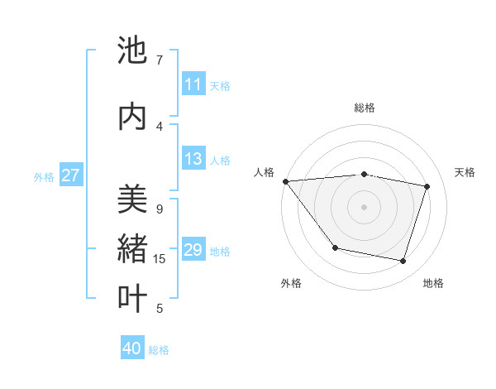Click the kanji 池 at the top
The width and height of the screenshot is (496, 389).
pyautogui.click(x=133, y=51)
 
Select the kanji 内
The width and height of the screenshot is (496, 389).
pyautogui.click(x=133, y=116)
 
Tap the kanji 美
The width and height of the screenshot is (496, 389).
pyautogui.click(x=133, y=199)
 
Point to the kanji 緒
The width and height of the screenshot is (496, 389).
pyautogui.click(x=133, y=248)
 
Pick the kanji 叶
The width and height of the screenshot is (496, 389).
pyautogui.click(x=133, y=298)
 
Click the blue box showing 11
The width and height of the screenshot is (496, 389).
pyautogui.click(x=193, y=84)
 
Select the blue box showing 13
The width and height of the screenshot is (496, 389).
pyautogui.click(x=193, y=159)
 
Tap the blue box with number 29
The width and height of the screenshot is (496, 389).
pyautogui.click(x=193, y=250)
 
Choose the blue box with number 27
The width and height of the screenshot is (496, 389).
pyautogui.click(x=71, y=175)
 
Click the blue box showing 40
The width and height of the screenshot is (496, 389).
pyautogui.click(x=132, y=348)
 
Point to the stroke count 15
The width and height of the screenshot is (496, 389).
pyautogui.click(x=160, y=259)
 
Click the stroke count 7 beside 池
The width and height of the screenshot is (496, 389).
pyautogui.click(x=160, y=60)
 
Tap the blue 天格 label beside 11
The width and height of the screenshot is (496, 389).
pyautogui.click(x=220, y=85)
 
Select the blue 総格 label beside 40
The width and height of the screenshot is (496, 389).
pyautogui.click(x=159, y=350)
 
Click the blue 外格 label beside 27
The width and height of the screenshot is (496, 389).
pyautogui.click(x=44, y=176)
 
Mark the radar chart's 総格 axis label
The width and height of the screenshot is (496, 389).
pyautogui.click(x=364, y=108)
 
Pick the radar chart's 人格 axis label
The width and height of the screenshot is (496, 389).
pyautogui.click(x=265, y=172)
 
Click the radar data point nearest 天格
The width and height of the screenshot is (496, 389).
pyautogui.click(x=427, y=186)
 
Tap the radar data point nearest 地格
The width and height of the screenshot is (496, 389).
pyautogui.click(x=403, y=261)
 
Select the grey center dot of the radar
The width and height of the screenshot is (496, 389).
pyautogui.click(x=364, y=206)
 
